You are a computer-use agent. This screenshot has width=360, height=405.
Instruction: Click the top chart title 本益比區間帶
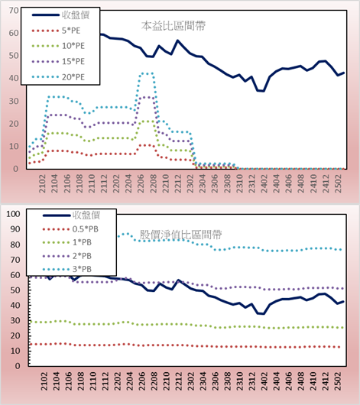coord(174,26)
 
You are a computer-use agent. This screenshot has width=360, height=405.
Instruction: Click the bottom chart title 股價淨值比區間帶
coord(180,235)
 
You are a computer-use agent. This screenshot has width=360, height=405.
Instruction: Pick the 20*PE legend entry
coord(58,77)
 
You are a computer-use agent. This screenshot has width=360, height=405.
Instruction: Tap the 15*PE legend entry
coord(58,61)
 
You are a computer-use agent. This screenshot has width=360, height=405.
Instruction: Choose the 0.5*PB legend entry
coord(70,229)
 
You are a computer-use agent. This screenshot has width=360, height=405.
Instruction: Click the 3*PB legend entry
coord(67,269)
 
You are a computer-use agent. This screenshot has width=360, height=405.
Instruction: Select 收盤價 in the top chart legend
coord(60,15)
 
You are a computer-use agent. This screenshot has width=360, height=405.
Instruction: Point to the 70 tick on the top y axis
coord(14,11)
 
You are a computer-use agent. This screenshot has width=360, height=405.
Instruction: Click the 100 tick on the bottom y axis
coord(13,214)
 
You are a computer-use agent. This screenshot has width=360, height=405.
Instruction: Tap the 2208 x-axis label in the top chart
coord(154,183)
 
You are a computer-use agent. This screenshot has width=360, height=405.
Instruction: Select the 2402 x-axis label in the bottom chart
coord(264,381)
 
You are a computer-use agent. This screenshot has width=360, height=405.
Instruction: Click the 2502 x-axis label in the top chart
coord(338,183)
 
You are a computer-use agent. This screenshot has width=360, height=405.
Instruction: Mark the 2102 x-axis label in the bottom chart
coord(44,381)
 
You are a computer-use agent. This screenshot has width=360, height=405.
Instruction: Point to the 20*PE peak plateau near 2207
coord(146,73)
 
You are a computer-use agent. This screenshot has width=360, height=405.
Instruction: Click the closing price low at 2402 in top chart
coord(264,91)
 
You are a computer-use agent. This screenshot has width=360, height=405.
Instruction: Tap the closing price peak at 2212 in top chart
coord(177,40)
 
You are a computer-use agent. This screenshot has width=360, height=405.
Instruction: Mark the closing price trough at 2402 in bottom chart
coord(264,313)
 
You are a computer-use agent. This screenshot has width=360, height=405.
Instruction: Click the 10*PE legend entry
coord(58,46)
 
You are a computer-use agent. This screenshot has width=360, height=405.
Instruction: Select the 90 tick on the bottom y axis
coord(15,229)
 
